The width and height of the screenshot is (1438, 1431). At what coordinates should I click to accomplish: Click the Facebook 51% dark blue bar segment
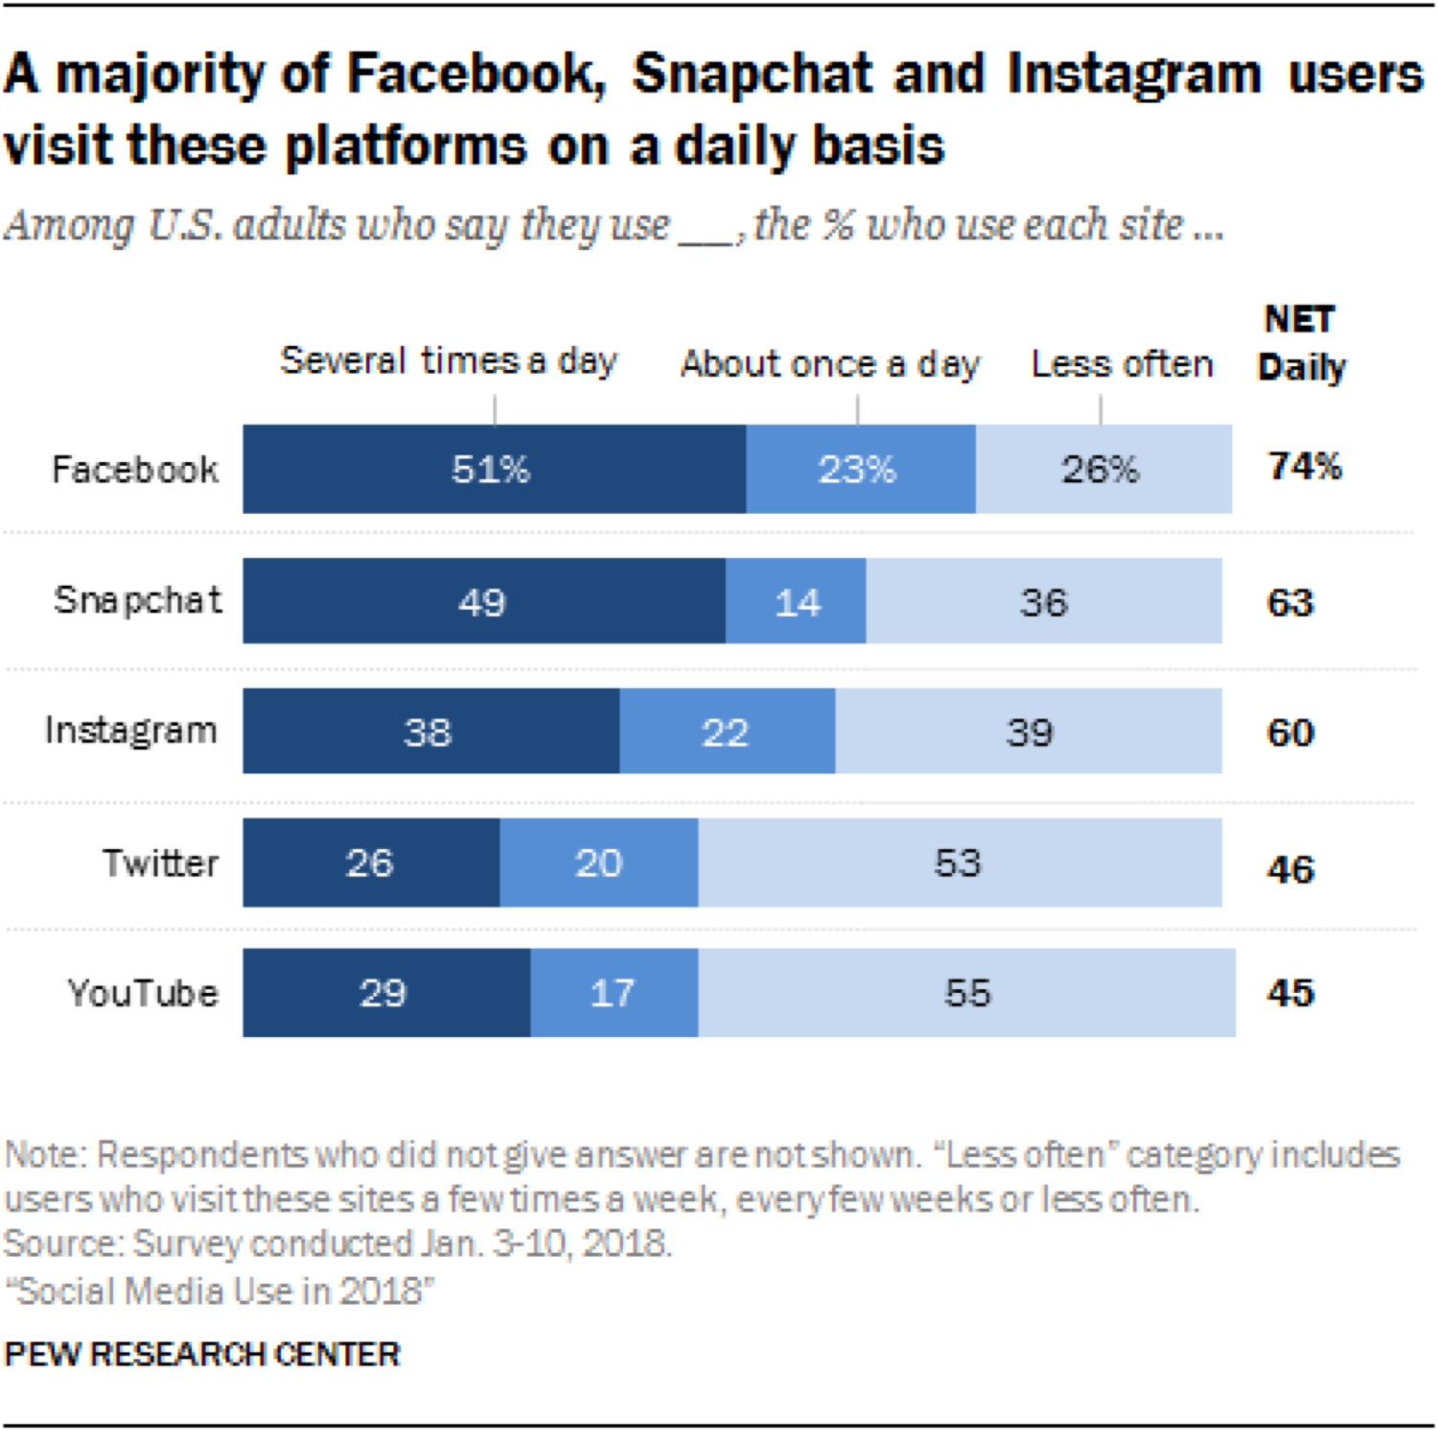coord(493,469)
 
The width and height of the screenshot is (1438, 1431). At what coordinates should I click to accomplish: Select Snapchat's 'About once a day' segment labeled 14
coord(796,602)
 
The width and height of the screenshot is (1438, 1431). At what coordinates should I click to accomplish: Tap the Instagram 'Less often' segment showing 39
coord(1028,731)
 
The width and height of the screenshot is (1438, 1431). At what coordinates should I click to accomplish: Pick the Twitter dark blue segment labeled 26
coord(370,863)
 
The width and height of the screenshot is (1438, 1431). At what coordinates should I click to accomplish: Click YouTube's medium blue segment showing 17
coord(614,993)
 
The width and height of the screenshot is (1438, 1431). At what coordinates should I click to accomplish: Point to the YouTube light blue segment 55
coord(966,993)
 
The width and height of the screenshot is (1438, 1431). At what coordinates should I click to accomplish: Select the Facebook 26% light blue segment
coord(1102,469)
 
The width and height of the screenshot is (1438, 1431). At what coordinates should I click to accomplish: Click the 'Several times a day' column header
coord(449,361)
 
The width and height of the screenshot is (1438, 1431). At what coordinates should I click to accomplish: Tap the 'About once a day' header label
coord(830,364)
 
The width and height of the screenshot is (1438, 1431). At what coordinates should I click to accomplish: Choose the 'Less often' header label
coord(1122,364)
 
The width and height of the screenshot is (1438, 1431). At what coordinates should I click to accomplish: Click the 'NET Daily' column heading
coord(1301,343)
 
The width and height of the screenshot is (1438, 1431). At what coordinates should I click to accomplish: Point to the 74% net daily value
coord(1304,466)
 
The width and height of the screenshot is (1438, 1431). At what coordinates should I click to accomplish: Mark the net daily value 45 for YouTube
coord(1289,993)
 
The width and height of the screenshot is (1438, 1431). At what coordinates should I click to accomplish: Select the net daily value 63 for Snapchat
coord(1289,603)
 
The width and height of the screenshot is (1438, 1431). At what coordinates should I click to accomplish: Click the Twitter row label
coord(161,863)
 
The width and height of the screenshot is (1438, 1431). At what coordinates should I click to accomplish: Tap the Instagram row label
coord(131,731)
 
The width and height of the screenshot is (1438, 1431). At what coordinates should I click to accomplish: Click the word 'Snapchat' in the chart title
coord(753,74)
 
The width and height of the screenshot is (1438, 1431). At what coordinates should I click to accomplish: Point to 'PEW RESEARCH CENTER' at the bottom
coord(202,1354)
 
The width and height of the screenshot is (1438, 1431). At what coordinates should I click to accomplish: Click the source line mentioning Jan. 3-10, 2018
coord(337,1243)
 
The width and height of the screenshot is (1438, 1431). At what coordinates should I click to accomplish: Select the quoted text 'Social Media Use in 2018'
coord(220,1291)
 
